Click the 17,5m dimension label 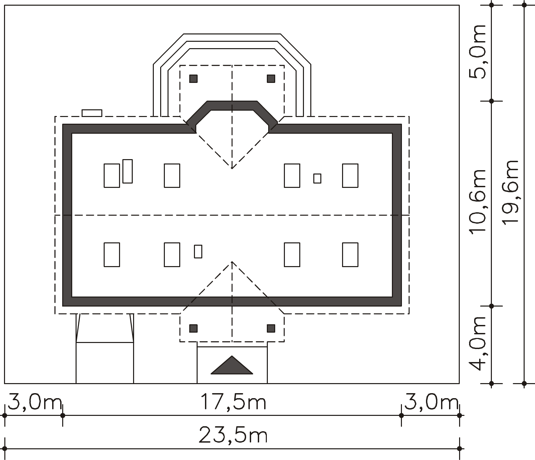[233, 402]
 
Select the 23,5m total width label [233, 436]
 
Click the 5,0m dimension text [477, 52]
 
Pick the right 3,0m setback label [431, 402]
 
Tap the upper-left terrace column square [193, 79]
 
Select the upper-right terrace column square [271, 79]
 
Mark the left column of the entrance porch [193, 328]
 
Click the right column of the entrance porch [271, 328]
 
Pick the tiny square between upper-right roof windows [317, 179]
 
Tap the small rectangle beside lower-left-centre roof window [198, 251]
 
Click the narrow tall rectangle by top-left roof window [127, 171]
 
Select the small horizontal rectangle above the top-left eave [92, 113]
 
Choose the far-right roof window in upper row [350, 176]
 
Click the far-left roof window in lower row [112, 255]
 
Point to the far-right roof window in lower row [350, 255]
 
